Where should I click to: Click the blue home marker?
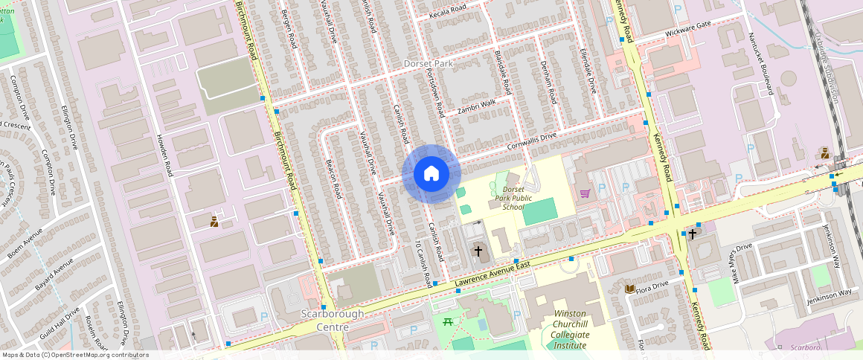point(431,174)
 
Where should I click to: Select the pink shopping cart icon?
point(585,193)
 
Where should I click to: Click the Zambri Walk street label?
point(476,106)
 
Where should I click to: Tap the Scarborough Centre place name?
point(332,320)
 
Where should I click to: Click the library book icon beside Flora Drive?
point(629,289)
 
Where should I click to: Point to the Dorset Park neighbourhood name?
point(428,64)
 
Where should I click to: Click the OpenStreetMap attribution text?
point(74,355)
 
